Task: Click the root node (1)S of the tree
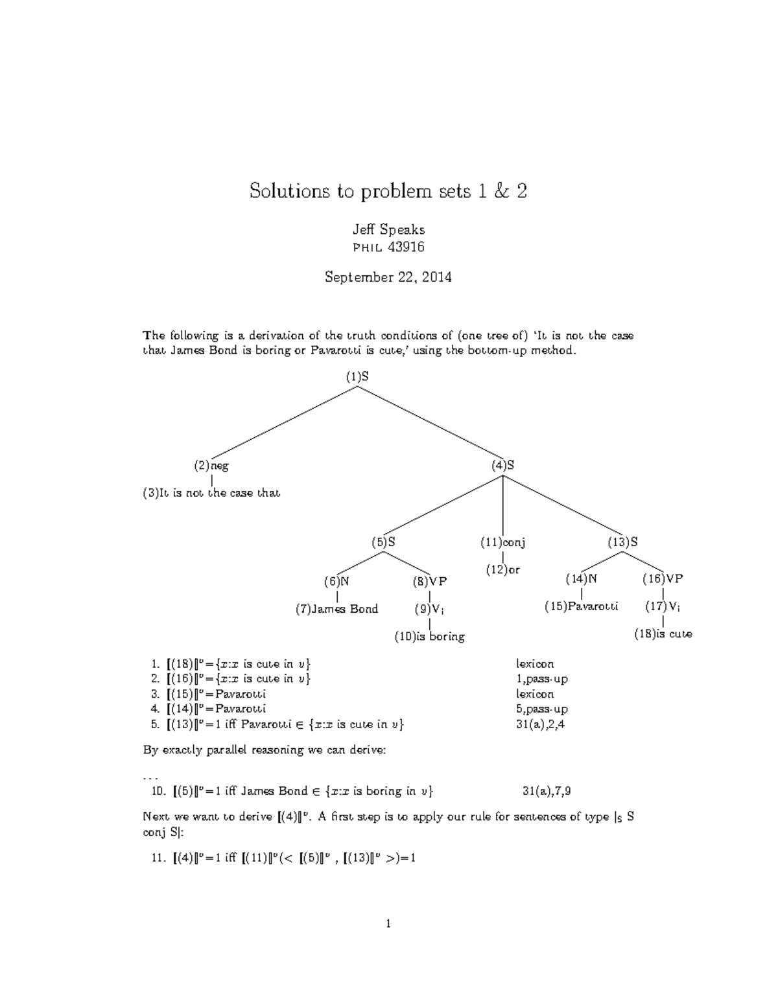point(357,376)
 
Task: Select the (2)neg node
point(211,465)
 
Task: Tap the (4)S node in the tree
point(502,465)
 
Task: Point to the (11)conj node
point(502,542)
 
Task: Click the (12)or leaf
point(503,570)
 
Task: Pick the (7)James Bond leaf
point(336,609)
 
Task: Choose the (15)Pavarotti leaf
point(582,606)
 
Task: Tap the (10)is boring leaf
point(430,637)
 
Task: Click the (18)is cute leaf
point(663,634)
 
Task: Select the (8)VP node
point(429,581)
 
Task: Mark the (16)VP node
point(663,578)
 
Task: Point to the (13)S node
point(622,542)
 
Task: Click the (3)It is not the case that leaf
point(211,493)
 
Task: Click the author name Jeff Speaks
point(388,229)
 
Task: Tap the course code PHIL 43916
point(388,247)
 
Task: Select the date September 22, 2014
point(388,277)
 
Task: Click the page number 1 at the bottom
point(388,924)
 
